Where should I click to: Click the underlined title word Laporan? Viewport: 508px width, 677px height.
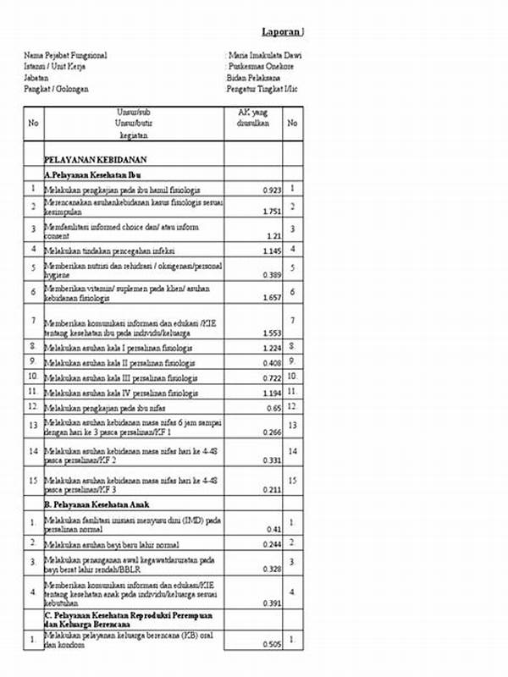click(x=281, y=31)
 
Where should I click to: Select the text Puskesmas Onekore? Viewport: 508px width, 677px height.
click(x=262, y=67)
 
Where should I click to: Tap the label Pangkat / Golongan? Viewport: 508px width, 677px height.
click(x=56, y=89)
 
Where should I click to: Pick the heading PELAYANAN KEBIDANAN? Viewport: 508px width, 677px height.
click(x=96, y=158)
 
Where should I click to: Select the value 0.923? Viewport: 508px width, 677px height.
click(x=269, y=191)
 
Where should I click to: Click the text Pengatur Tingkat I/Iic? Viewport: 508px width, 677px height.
click(x=262, y=89)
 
